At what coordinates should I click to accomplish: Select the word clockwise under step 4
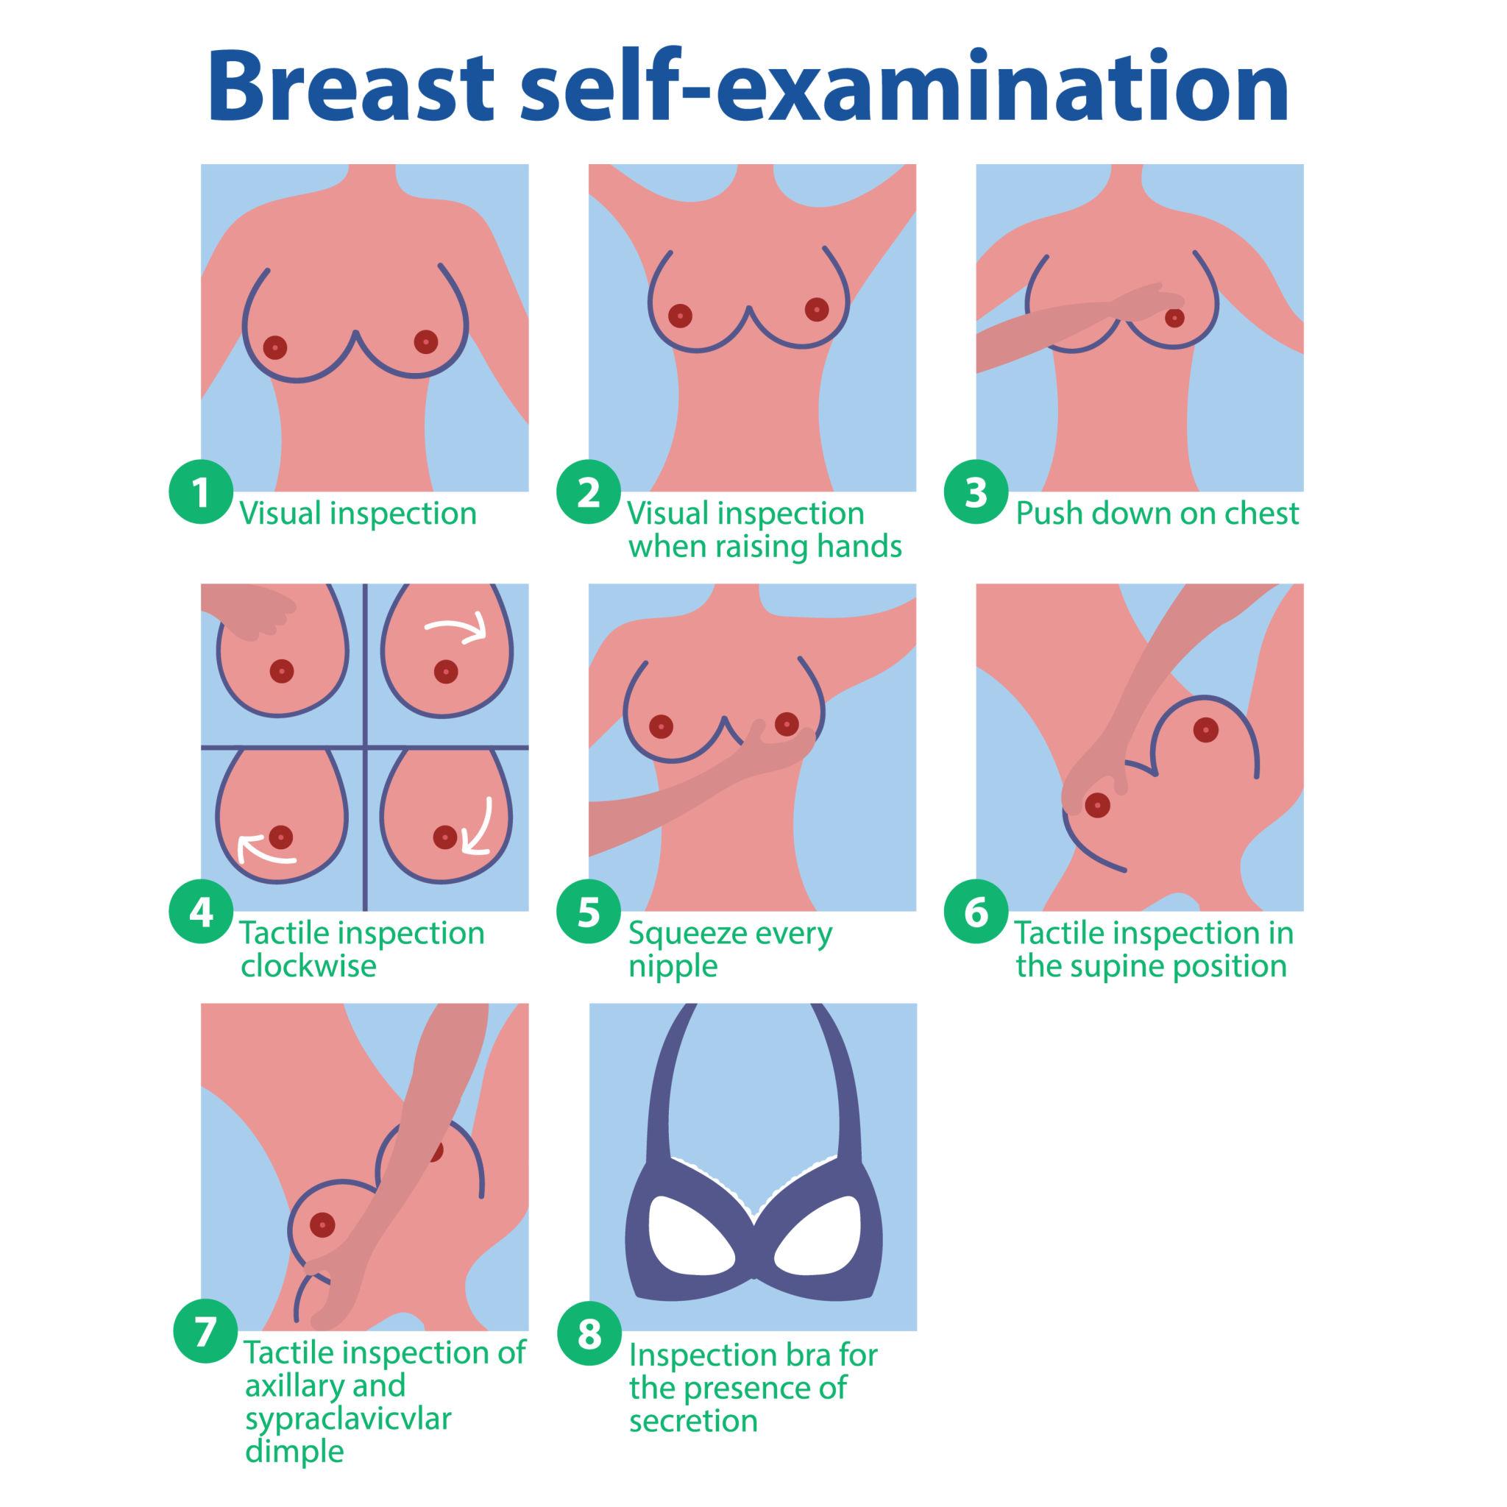tap(308, 965)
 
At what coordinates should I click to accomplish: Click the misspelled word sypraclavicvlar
tap(348, 1419)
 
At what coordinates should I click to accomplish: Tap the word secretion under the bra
tap(693, 1421)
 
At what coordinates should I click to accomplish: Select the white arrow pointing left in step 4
tap(267, 850)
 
